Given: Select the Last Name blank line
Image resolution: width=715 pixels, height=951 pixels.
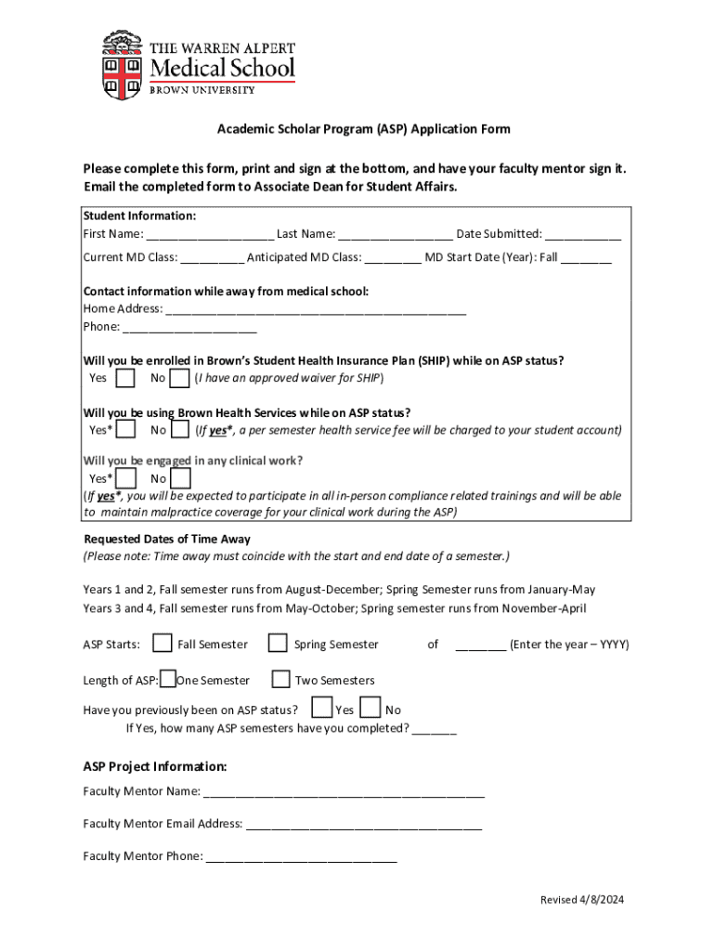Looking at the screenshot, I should pos(395,235).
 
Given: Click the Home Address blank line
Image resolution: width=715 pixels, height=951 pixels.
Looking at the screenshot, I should pos(316,310).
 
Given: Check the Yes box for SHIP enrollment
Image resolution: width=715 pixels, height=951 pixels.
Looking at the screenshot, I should pos(126,378).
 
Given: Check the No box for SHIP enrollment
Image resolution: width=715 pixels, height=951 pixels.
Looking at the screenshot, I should pos(181,378).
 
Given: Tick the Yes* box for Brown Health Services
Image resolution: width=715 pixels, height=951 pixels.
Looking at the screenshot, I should pos(126,429).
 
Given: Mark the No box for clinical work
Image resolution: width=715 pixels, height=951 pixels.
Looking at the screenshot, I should pos(181,479).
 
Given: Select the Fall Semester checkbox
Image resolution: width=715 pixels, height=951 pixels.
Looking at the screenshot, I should pos(162,644).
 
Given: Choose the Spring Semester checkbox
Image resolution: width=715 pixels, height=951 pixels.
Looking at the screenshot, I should pos(278,644).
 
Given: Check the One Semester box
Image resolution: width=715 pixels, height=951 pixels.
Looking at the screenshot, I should pos(168,680).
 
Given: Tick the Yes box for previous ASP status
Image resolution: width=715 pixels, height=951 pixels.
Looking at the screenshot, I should pos(321,709).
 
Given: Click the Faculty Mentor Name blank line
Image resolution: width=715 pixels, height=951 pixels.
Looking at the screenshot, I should pos(344,793).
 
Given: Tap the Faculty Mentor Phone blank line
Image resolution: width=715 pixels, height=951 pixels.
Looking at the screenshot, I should pos(301,857).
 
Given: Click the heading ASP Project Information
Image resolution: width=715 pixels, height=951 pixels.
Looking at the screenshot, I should pos(155,767).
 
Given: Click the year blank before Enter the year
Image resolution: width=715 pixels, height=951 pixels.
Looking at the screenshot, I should pos(480,645).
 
